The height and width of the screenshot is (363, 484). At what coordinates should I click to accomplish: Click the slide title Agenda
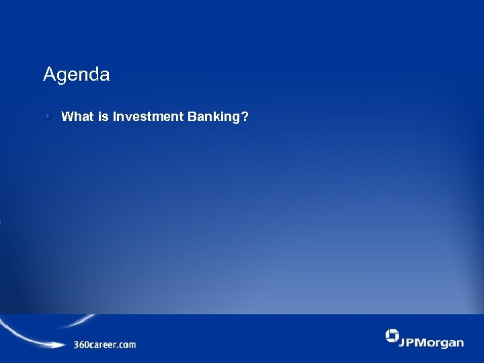pyautogui.click(x=76, y=75)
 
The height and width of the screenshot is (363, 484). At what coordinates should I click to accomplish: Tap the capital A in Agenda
pyautogui.click(x=48, y=74)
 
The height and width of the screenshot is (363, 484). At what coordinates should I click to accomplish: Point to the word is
pyautogui.click(x=103, y=117)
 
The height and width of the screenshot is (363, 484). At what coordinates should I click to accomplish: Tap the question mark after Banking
pyautogui.click(x=245, y=117)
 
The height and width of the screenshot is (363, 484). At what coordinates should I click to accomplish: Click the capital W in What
pyautogui.click(x=67, y=117)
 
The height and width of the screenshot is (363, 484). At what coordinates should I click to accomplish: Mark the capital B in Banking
pyautogui.click(x=189, y=117)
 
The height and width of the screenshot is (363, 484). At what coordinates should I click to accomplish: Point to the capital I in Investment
pyautogui.click(x=115, y=117)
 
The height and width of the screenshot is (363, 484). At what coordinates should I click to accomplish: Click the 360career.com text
pyautogui.click(x=104, y=345)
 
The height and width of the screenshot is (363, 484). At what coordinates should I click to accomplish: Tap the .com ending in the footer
pyautogui.click(x=126, y=345)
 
